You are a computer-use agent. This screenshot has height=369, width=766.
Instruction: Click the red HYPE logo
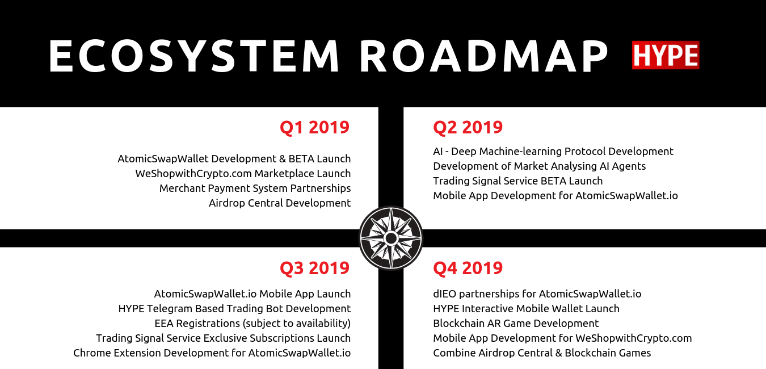click(x=666, y=55)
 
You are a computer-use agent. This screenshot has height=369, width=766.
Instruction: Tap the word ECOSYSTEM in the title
click(x=194, y=56)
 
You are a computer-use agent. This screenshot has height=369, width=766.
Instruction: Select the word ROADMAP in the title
click(x=483, y=56)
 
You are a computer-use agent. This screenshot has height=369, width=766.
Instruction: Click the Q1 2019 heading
click(x=314, y=127)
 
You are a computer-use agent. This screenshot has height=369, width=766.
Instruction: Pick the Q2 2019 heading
click(x=468, y=127)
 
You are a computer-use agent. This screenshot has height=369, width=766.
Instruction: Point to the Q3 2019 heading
click(x=314, y=268)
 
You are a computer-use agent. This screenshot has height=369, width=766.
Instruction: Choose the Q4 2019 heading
click(x=468, y=268)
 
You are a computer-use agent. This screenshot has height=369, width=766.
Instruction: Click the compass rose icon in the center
click(x=391, y=238)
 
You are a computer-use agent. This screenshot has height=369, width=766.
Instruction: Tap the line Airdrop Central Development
click(x=280, y=203)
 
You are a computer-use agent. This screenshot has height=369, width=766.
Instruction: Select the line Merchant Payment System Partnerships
click(x=255, y=188)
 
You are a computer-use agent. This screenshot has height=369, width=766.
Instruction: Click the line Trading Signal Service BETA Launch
click(x=517, y=181)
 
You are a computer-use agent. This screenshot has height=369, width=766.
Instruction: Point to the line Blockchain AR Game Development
click(x=516, y=324)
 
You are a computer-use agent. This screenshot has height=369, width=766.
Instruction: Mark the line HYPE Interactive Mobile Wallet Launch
click(x=526, y=309)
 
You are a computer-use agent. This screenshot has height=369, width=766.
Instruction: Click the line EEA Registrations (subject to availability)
click(x=252, y=324)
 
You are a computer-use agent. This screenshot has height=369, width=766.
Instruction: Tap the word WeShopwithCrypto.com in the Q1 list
click(x=193, y=174)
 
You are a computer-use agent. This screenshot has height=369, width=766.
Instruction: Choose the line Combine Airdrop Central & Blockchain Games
click(x=542, y=353)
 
